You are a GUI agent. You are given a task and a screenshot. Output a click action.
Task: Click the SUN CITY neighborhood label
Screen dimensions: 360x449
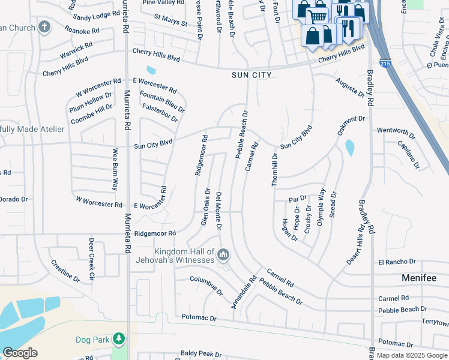pos(252,75)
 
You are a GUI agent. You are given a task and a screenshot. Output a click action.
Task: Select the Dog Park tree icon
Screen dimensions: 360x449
pos(119,340)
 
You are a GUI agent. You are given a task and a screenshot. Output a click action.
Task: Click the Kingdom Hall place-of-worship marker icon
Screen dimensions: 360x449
pos(223,255)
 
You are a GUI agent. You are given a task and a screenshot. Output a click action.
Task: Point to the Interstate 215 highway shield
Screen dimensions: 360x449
pos(384,63)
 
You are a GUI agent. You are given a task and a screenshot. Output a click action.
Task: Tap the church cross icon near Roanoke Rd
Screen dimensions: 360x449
pos(44,26)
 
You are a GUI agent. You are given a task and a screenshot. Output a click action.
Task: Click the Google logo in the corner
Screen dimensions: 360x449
pos(20,353)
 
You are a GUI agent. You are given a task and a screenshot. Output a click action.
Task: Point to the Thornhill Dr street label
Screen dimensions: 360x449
pos(274,169)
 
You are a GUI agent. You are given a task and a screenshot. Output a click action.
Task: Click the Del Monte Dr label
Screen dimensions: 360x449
pos(219,211)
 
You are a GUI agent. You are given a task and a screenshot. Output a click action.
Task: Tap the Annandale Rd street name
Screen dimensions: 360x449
pos(244,292)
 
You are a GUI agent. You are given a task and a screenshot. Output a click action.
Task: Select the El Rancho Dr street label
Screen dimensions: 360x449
pos(397,262)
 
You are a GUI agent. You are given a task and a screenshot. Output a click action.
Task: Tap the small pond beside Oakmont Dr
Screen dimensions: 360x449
pos(350,147)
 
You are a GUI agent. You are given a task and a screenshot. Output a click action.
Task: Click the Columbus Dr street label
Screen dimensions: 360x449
pos(206,285)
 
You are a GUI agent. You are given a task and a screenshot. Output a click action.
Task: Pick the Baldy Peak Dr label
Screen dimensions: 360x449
pos(205,355)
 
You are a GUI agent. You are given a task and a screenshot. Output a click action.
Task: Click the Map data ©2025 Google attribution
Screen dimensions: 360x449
pos(412,355)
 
